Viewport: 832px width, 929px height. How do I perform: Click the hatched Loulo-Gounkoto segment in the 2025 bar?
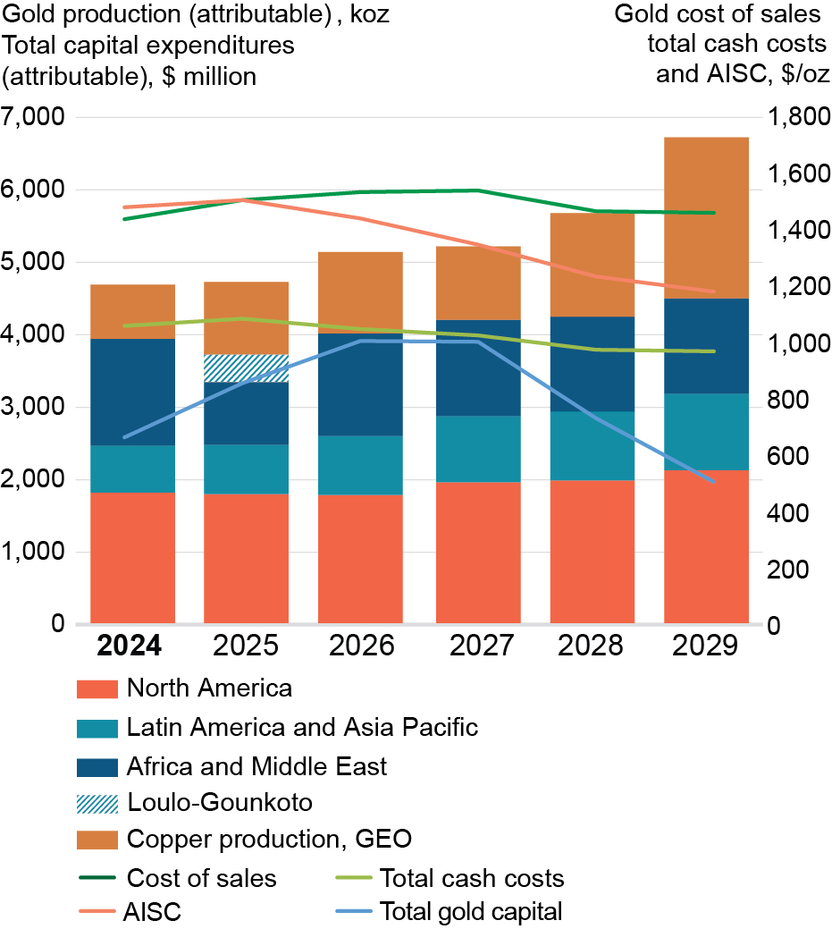246,367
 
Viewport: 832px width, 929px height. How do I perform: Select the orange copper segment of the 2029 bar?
706,217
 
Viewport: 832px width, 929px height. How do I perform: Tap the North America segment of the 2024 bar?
132,557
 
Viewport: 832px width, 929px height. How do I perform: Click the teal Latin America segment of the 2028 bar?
592,445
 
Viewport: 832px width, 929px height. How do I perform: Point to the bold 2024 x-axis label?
130,646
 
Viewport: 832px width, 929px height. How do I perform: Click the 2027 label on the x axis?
477,646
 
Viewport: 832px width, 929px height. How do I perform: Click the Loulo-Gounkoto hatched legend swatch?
97,802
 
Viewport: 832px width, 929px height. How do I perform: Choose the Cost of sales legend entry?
201,878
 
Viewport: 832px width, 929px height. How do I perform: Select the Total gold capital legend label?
471,912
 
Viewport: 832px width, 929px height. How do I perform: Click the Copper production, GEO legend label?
268,840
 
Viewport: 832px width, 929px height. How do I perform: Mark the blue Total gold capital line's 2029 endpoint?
713,482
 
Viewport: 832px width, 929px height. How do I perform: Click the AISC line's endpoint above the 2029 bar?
713,291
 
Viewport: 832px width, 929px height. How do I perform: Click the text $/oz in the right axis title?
805,73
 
